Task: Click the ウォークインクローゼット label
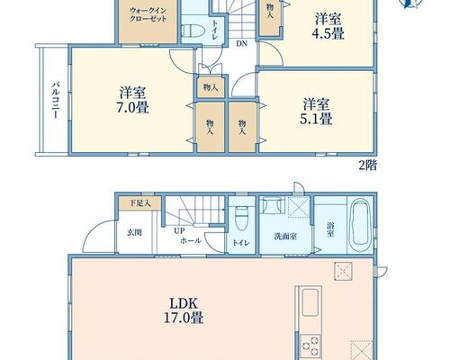(148, 14)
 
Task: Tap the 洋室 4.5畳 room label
(328, 26)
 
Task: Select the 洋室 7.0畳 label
(132, 100)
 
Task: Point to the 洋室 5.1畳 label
(316, 112)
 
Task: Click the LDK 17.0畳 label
(184, 310)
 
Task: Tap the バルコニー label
(55, 100)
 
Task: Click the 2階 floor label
(368, 166)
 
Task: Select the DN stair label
(241, 44)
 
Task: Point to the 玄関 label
(134, 232)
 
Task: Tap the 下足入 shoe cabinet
(140, 203)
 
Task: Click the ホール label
(191, 240)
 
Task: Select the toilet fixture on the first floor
(241, 219)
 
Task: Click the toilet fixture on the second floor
(193, 31)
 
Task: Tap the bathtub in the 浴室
(361, 221)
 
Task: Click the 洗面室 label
(285, 237)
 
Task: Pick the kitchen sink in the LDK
(310, 302)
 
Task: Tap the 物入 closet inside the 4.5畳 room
(270, 18)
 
